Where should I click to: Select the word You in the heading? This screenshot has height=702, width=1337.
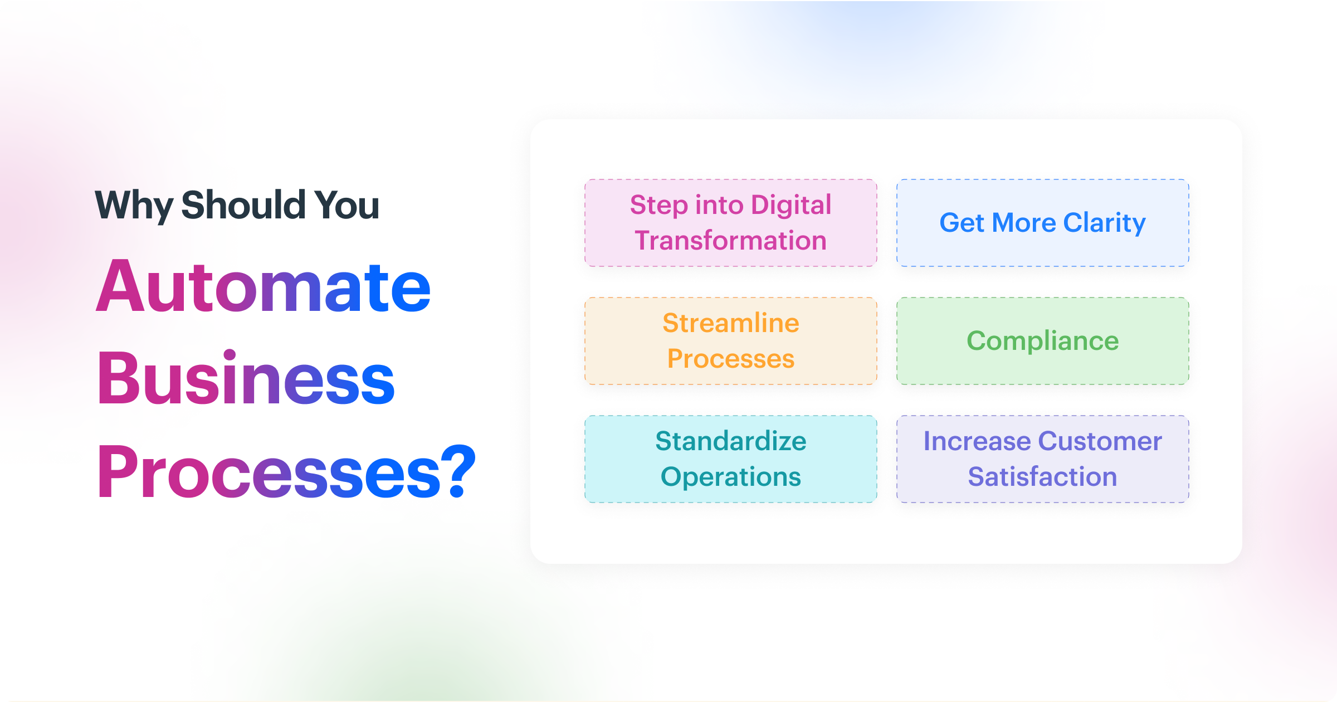pyautogui.click(x=347, y=205)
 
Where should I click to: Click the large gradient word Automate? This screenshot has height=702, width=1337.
pyautogui.click(x=263, y=287)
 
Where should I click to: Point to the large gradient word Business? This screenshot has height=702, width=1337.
pyautogui.click(x=245, y=379)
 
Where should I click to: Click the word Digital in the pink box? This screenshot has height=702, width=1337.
pyautogui.click(x=791, y=204)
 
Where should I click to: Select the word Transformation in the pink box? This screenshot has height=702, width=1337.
pyautogui.click(x=730, y=241)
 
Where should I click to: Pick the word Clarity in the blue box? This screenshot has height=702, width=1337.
pyautogui.click(x=1104, y=223)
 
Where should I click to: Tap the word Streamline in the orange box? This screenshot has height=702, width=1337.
pyautogui.click(x=730, y=323)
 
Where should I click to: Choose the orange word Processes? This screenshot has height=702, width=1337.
pyautogui.click(x=730, y=359)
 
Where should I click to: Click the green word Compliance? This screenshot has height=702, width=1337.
pyautogui.click(x=1042, y=341)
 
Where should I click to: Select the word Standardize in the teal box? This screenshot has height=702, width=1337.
pyautogui.click(x=730, y=441)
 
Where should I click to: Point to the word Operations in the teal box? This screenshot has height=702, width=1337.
pyautogui.click(x=730, y=477)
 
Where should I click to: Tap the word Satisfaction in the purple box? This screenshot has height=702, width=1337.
pyautogui.click(x=1042, y=477)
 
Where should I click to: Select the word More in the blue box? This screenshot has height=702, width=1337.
pyautogui.click(x=1024, y=223)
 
